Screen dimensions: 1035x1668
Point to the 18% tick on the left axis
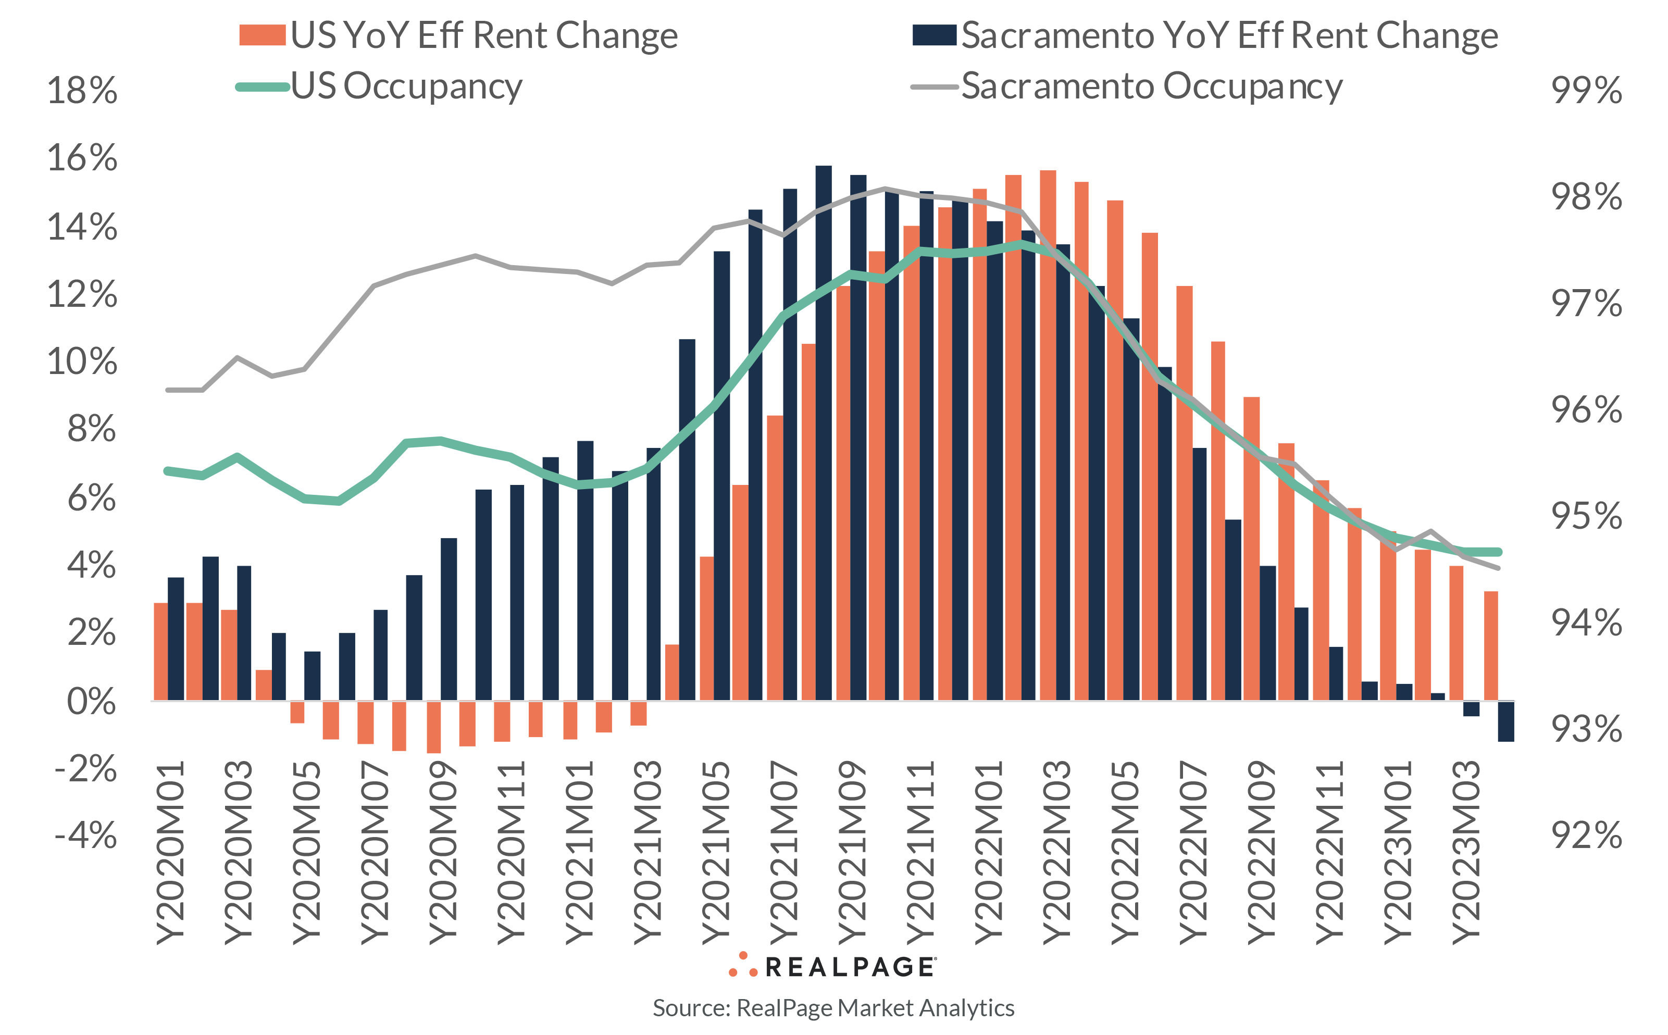pyautogui.click(x=82, y=90)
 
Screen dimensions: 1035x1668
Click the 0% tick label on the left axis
pyautogui.click(x=91, y=702)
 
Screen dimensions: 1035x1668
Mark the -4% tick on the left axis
pyautogui.click(x=85, y=835)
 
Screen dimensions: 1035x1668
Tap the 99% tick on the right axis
pyautogui.click(x=1586, y=90)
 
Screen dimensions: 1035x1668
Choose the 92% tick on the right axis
pyautogui.click(x=1586, y=835)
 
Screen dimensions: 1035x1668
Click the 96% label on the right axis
pyautogui.click(x=1586, y=410)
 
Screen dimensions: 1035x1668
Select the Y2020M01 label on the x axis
pyautogui.click(x=170, y=853)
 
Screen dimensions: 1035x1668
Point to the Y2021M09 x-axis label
pyautogui.click(x=852, y=853)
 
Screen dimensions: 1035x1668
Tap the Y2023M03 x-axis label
pyautogui.click(x=1465, y=853)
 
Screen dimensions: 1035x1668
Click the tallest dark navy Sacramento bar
pyautogui.click(x=824, y=431)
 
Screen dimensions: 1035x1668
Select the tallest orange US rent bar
pyautogui.click(x=1047, y=434)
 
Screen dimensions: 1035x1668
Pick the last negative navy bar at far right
pyautogui.click(x=1506, y=721)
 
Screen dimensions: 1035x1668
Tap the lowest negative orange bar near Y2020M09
pyautogui.click(x=434, y=727)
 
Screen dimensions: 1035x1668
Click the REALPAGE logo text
pyautogui.click(x=849, y=967)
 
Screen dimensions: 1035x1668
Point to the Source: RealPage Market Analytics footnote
pyautogui.click(x=833, y=1007)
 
